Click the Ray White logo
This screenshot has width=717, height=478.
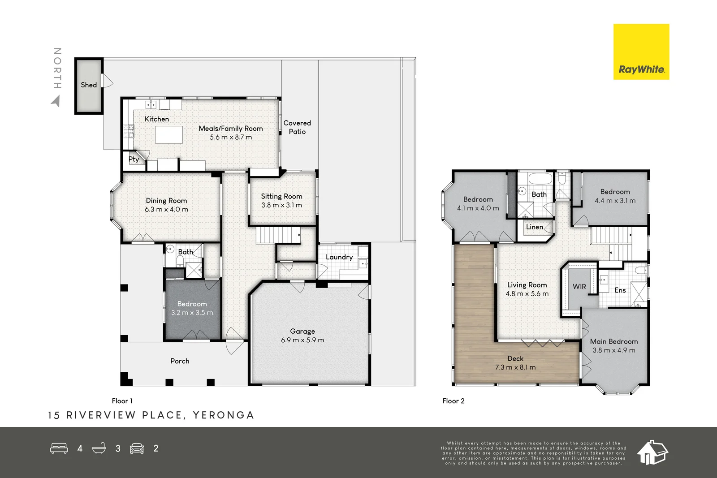641,52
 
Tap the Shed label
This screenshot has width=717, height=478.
89,85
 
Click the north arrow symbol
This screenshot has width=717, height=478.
56,101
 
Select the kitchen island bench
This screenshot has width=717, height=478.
169,134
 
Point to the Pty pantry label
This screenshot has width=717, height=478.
134,159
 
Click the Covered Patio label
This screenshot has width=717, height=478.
297,127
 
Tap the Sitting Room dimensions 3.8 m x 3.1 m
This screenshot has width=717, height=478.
282,205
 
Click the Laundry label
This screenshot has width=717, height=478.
339,257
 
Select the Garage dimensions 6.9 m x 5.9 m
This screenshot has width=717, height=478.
302,340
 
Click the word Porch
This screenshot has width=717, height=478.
180,361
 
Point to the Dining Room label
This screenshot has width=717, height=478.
166,201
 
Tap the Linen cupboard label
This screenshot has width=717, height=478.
535,227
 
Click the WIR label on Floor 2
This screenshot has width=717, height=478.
579,286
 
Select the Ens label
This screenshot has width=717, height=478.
620,290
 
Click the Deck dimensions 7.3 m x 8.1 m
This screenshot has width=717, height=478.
515,367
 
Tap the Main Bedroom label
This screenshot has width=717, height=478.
614,341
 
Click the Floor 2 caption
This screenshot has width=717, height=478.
454,401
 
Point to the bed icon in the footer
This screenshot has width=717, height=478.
59,448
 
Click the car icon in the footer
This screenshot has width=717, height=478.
137,448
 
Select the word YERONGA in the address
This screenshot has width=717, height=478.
224,415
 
